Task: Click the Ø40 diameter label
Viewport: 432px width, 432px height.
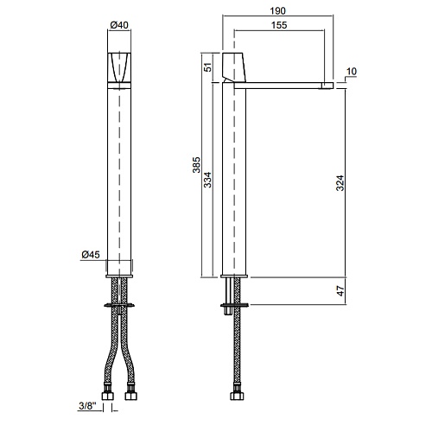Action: tap(119, 25)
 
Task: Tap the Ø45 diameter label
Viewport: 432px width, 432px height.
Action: tap(91, 255)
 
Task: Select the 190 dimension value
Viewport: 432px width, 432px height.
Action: tap(277, 11)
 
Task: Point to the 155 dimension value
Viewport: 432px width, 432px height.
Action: tap(279, 25)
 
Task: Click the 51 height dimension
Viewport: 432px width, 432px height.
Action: tap(207, 67)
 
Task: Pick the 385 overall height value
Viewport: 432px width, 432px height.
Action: tap(196, 165)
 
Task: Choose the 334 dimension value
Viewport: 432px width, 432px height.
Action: tap(207, 180)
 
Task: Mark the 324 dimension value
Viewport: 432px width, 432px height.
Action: tap(340, 183)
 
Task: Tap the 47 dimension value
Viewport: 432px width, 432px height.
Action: tap(340, 291)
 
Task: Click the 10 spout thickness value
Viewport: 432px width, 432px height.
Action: tap(351, 72)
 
